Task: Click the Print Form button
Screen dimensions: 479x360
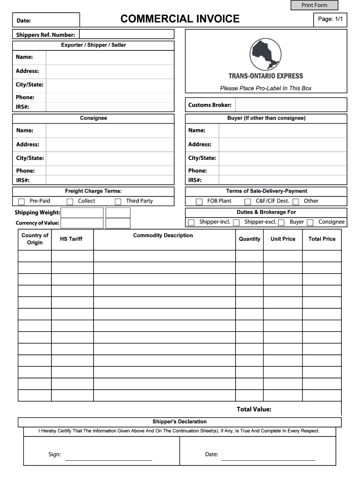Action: [314, 5]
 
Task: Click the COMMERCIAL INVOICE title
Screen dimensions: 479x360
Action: [180, 19]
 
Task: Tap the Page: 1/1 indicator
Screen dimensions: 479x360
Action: [331, 19]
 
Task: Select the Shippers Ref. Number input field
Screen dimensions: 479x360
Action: [127, 34]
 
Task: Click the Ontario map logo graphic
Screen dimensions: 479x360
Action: [265, 54]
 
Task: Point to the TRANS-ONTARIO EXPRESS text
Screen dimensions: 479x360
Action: [266, 76]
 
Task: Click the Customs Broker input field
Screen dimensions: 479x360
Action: [290, 105]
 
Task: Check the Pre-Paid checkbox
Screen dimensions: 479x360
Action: [22, 202]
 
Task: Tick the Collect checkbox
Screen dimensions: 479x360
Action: [70, 202]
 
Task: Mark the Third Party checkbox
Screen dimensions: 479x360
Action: [118, 202]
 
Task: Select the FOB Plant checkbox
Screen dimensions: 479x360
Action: [200, 202]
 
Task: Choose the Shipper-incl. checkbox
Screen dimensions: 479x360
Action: [191, 223]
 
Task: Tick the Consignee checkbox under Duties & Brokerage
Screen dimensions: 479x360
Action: [310, 223]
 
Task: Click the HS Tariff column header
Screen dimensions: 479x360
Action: [71, 239]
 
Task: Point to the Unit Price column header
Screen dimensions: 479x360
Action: [283, 239]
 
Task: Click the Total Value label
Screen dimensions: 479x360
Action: [254, 409]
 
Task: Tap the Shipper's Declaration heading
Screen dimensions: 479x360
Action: [180, 421]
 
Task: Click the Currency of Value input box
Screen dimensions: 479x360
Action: [82, 223]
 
